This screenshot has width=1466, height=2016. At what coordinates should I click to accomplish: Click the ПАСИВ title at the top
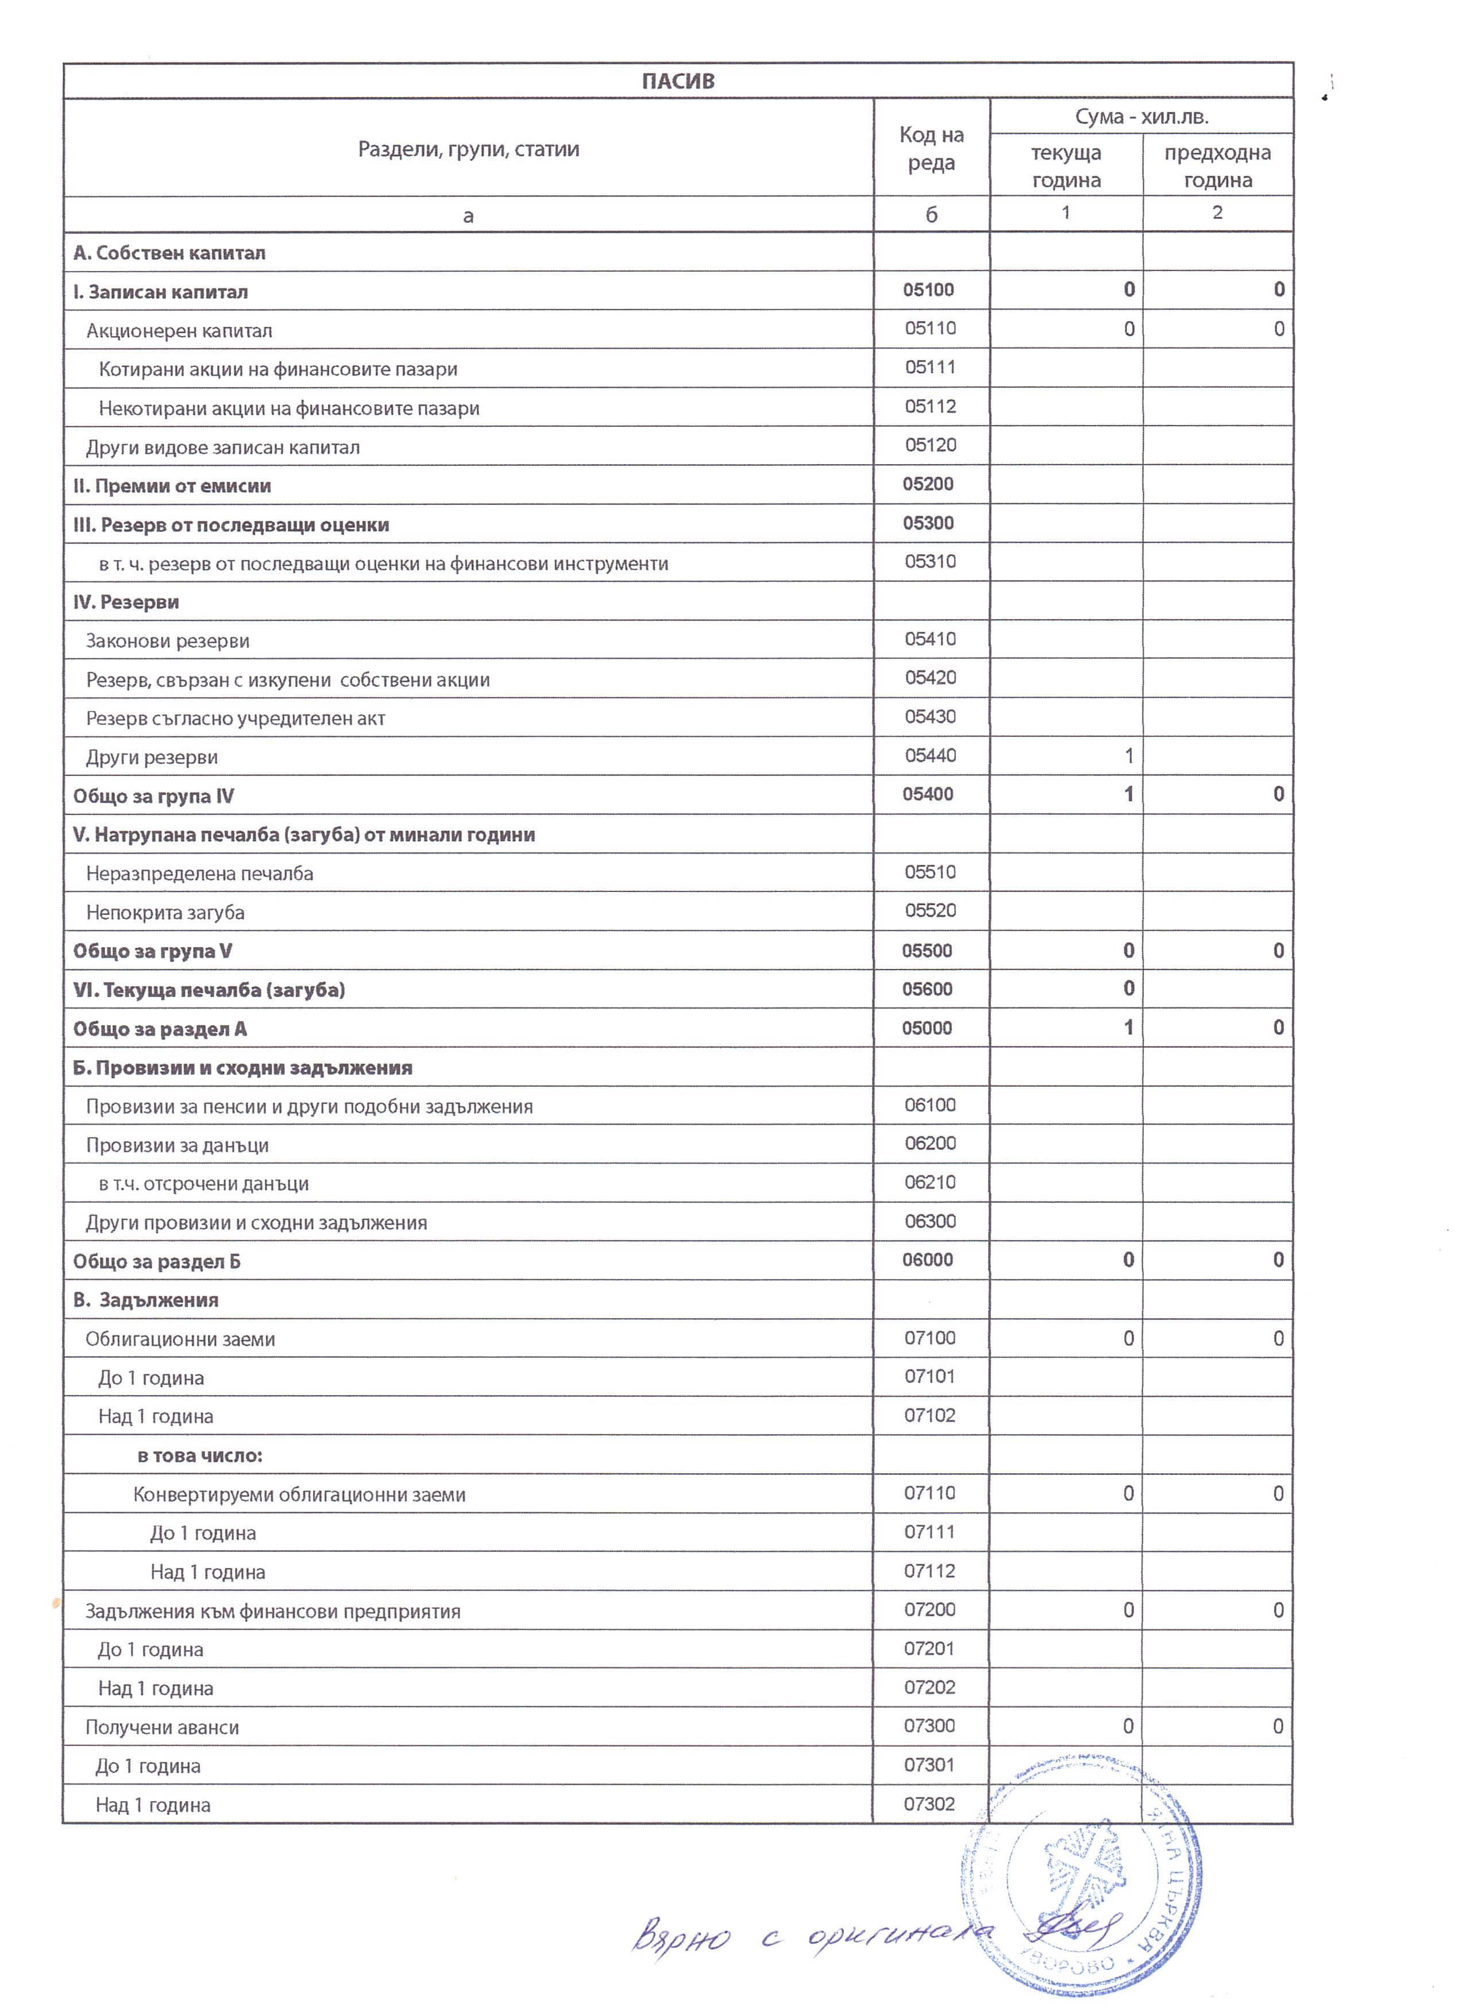677,81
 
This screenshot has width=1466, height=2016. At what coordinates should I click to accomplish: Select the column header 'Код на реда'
931,148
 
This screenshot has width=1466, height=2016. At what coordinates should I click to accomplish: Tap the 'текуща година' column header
1066,166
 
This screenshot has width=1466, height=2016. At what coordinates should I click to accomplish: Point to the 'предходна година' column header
1217,166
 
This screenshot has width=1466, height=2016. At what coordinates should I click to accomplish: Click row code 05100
928,290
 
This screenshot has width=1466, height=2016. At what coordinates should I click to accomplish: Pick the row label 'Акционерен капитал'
179,331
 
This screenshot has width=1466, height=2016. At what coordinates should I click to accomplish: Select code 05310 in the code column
930,562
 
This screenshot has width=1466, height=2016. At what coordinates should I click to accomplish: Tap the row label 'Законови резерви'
167,641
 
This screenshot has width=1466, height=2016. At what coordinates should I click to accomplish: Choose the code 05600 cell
927,989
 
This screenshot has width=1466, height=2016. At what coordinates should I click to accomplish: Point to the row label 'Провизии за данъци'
177,1146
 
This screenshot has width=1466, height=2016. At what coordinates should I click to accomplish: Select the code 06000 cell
927,1260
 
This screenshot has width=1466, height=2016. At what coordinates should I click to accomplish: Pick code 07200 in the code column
929,1610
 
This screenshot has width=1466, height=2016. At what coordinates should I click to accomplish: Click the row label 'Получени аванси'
162,1727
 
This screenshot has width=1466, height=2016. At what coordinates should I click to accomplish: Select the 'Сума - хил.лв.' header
1141,117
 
